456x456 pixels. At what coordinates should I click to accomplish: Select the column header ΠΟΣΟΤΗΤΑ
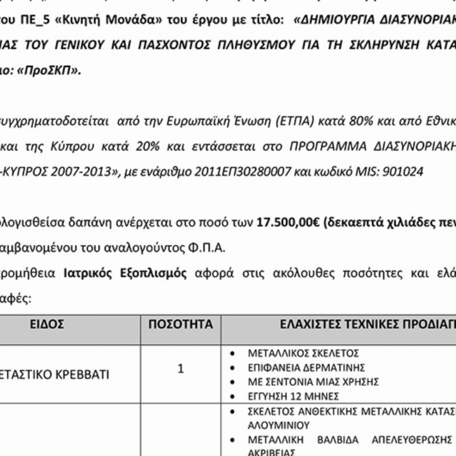[x=180, y=324]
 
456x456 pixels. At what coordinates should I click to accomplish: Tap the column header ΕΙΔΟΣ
[x=47, y=324]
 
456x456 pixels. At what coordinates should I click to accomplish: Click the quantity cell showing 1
[x=181, y=369]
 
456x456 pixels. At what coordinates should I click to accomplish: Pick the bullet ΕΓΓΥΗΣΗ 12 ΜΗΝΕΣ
[x=294, y=396]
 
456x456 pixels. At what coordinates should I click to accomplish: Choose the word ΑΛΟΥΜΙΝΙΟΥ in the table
[x=279, y=425]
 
